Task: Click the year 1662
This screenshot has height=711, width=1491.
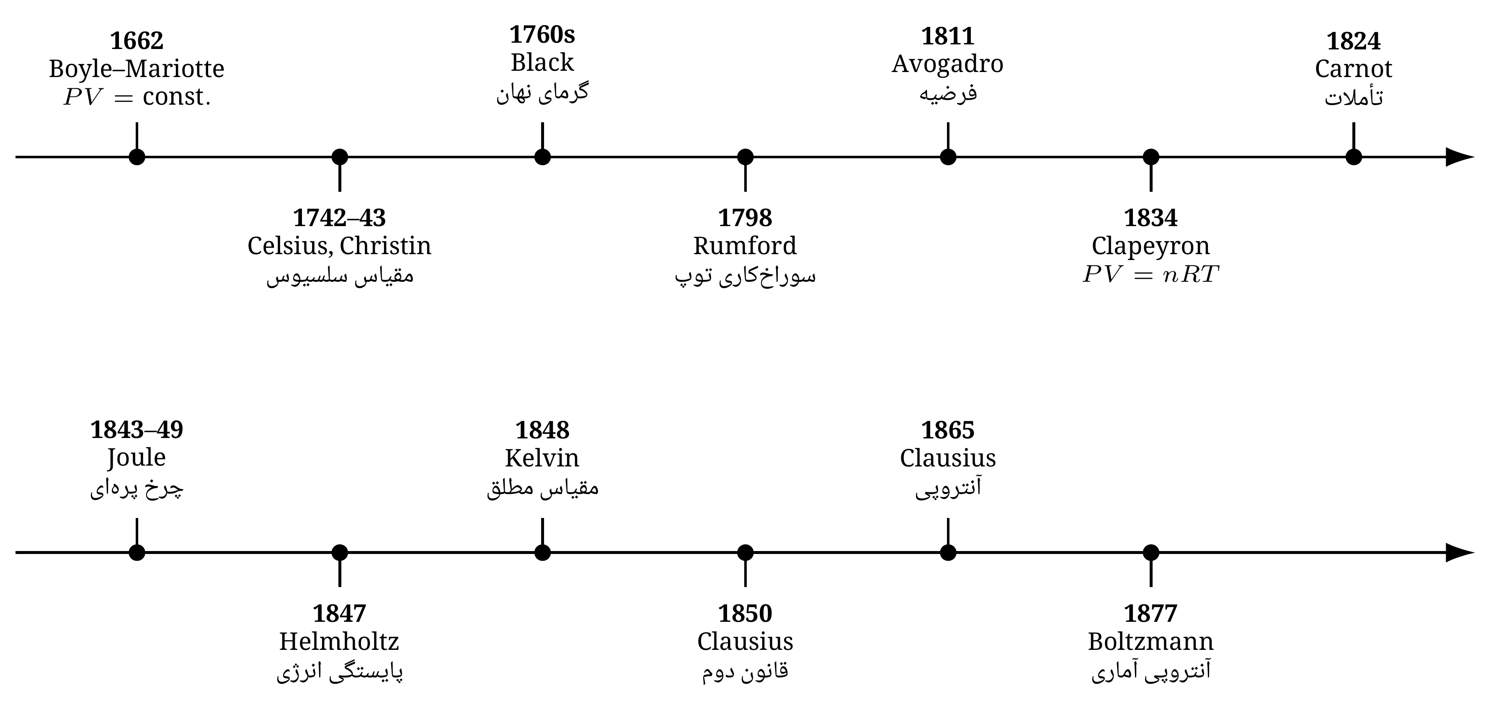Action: (x=137, y=41)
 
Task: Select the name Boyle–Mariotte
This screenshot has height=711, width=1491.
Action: (x=137, y=69)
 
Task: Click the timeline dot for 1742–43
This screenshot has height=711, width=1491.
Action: (x=340, y=157)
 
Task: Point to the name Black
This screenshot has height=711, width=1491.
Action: (x=542, y=62)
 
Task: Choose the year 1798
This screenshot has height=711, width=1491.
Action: (x=745, y=218)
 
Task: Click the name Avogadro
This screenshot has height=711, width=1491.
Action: (x=947, y=64)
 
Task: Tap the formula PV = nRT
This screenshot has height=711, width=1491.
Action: (x=1150, y=274)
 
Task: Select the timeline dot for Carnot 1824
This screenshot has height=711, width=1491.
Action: (x=1353, y=157)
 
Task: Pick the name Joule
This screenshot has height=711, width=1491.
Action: (x=137, y=458)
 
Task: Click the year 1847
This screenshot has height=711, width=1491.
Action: (x=340, y=614)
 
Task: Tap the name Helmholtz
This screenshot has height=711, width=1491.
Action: (x=340, y=641)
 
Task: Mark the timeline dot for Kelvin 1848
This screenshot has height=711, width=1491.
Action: (x=542, y=552)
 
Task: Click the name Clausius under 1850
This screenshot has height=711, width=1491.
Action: (x=745, y=641)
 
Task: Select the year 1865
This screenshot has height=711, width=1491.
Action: (x=947, y=430)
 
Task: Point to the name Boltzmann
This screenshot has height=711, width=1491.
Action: (x=1150, y=641)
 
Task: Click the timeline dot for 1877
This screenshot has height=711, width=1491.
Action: (x=1150, y=552)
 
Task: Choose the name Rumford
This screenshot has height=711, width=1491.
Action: (x=745, y=246)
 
